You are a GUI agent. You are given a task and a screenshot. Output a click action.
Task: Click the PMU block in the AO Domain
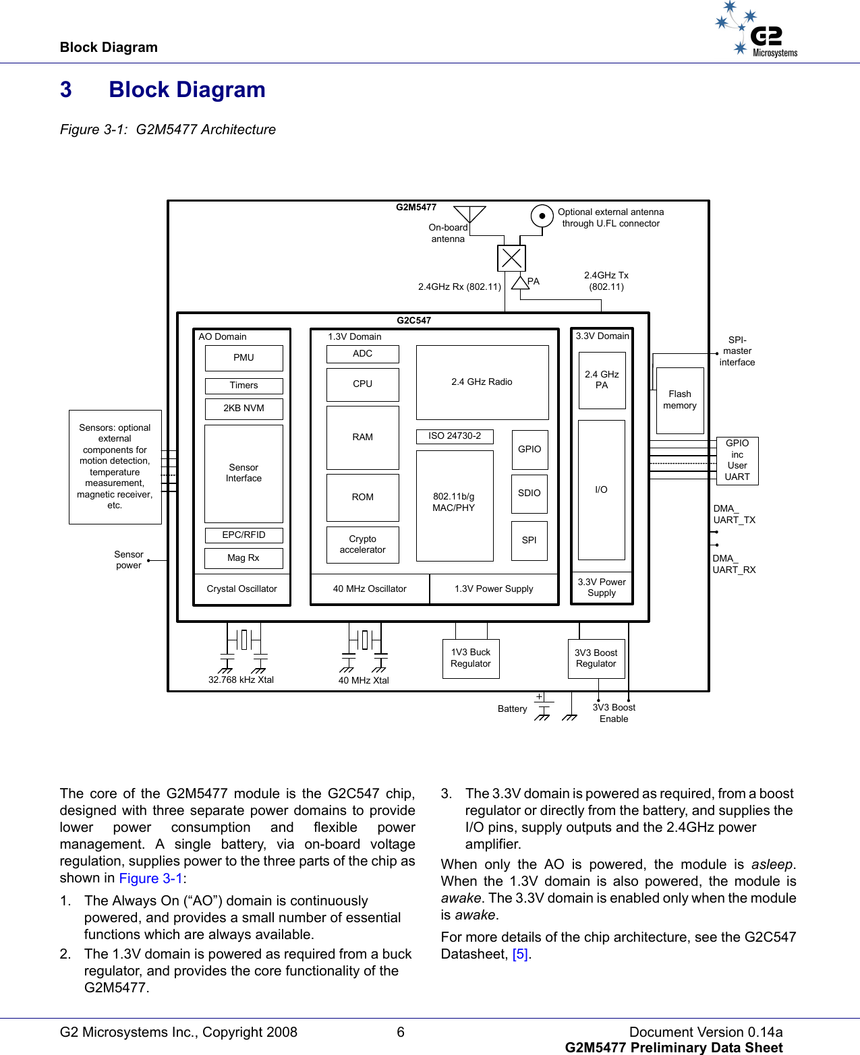pos(243,358)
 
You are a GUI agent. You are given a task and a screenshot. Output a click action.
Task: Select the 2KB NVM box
pos(243,409)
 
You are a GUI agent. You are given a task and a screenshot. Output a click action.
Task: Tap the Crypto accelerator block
pos(362,544)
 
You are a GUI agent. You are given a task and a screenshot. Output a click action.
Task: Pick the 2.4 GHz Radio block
pos(482,382)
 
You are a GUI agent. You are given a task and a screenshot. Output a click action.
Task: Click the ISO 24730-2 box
pos(455,436)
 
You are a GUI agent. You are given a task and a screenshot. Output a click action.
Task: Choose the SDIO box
pos(529,493)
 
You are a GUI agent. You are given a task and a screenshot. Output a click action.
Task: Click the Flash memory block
pos(679,400)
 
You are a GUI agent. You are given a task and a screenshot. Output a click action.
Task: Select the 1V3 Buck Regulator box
pos(470,658)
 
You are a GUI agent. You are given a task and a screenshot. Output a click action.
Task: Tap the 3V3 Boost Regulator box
pos(596,659)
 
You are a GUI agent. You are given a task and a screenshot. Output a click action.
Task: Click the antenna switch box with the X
pos(511,258)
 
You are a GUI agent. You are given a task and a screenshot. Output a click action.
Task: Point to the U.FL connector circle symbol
pos(542,216)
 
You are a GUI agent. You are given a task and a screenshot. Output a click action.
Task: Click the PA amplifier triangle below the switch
pos(520,282)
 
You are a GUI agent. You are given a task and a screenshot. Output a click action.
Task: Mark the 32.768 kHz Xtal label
pos(241,680)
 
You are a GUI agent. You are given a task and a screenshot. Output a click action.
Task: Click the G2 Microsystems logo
pos(758,30)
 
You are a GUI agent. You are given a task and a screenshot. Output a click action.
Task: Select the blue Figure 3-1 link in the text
pos(150,878)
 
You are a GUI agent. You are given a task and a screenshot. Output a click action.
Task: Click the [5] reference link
pos(519,954)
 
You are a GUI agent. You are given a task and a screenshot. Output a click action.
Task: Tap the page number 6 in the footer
pos(401,1032)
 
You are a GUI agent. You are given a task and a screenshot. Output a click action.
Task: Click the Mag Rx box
pos(243,558)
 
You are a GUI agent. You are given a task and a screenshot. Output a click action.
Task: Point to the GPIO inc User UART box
pos(737,460)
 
